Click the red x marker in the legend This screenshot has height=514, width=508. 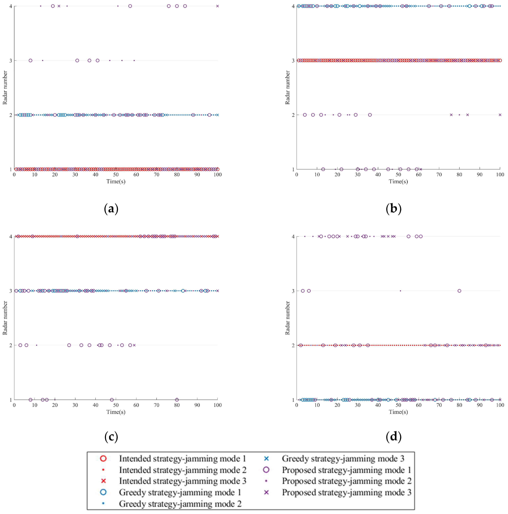click(x=104, y=481)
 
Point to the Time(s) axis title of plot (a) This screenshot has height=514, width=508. click(x=116, y=181)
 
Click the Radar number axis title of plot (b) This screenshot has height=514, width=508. click(x=287, y=88)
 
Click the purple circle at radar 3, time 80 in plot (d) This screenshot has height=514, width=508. click(x=459, y=291)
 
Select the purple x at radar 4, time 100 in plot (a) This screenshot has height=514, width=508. click(x=218, y=6)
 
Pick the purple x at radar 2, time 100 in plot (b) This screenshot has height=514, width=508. click(x=500, y=115)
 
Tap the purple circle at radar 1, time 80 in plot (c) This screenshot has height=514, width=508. click(x=177, y=400)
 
